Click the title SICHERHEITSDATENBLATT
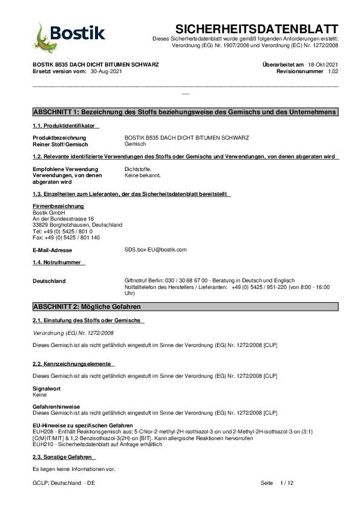click(x=257, y=29)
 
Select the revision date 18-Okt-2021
click(x=323, y=64)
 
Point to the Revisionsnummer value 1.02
click(x=333, y=71)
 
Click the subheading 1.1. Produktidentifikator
click(x=65, y=126)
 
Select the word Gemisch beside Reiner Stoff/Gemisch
click(x=135, y=144)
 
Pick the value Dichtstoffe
click(x=137, y=169)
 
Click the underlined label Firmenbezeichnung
click(x=57, y=206)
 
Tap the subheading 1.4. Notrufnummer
click(x=59, y=262)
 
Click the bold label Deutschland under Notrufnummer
click(x=49, y=281)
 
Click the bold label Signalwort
click(x=47, y=388)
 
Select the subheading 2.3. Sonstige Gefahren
click(x=62, y=457)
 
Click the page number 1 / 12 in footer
click(x=287, y=484)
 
